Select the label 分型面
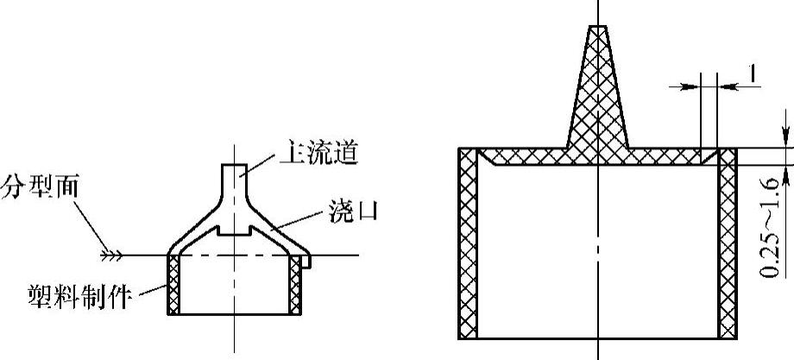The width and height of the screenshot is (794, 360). coord(38,185)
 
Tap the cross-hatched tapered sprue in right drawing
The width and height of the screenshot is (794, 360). coord(597,95)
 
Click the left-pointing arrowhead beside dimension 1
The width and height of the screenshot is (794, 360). coord(729,85)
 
